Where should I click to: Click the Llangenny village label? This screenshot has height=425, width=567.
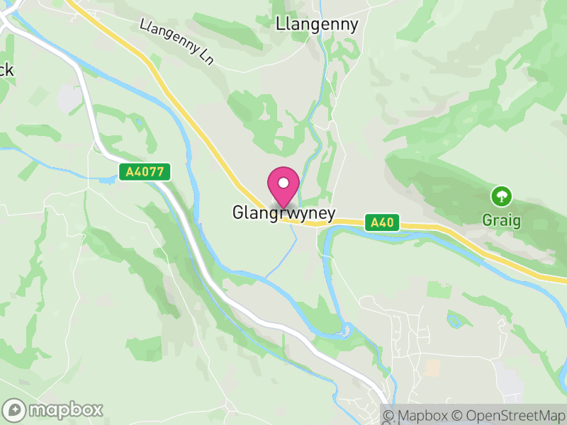(317, 24)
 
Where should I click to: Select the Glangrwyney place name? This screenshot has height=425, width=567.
(283, 212)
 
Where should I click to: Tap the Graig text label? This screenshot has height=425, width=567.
(502, 220)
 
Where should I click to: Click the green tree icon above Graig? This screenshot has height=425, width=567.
(503, 195)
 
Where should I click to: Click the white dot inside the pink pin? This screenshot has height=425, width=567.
(283, 183)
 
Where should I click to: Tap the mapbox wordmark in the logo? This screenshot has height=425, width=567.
(65, 409)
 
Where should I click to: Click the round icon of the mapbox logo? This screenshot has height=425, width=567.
(15, 409)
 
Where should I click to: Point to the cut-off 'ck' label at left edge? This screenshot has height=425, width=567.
(6, 70)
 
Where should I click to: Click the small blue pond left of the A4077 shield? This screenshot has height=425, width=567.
(108, 181)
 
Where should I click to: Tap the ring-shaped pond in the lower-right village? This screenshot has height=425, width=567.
(454, 320)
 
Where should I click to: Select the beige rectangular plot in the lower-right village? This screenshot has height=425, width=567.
(432, 367)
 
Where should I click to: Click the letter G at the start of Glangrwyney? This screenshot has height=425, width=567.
(238, 212)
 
